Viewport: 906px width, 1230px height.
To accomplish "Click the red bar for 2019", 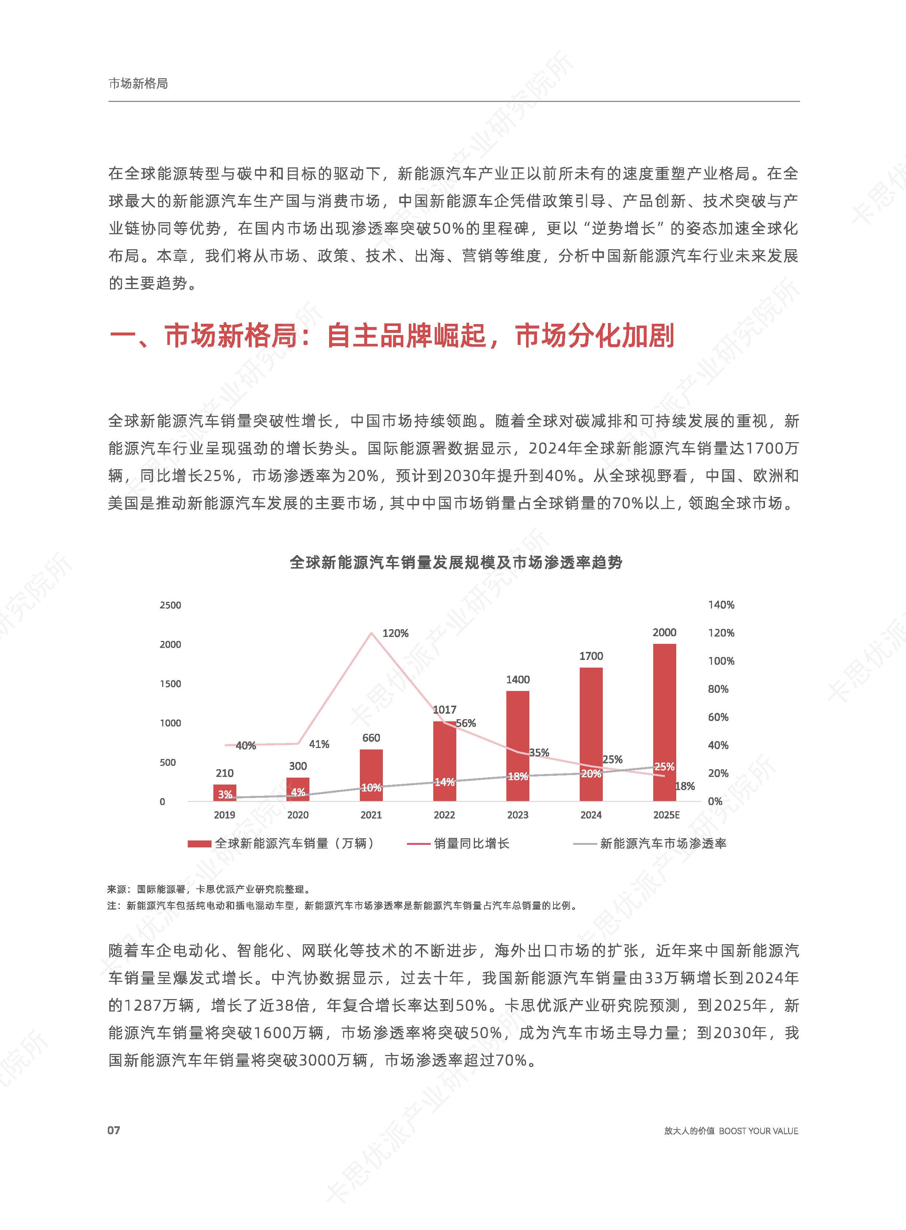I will pos(225,793).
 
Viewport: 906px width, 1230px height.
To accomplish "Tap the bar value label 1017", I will pos(444,709).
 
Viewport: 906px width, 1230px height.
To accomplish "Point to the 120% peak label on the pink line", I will pos(395,633).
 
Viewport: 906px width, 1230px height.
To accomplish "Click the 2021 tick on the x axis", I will pos(371,815).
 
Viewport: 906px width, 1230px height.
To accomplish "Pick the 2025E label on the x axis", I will pos(666,815).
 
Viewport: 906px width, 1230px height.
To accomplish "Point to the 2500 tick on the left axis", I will pos(170,605).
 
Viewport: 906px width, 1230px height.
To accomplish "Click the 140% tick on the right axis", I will pos(721,604).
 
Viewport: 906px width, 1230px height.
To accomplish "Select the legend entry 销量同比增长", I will pos(471,843).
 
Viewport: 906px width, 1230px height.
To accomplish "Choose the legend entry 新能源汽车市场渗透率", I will pos(662,843).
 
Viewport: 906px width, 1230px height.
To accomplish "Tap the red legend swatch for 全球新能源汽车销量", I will pos(199,844).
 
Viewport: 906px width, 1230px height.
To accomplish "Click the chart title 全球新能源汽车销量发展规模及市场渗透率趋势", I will pos(456,562).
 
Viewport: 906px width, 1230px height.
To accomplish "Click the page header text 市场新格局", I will pos(138,83).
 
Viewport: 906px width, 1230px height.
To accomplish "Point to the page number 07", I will pos(114,1130).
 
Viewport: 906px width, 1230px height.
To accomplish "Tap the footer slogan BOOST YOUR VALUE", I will pos(758,1131).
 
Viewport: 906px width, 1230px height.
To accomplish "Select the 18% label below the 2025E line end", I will pos(685,786).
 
